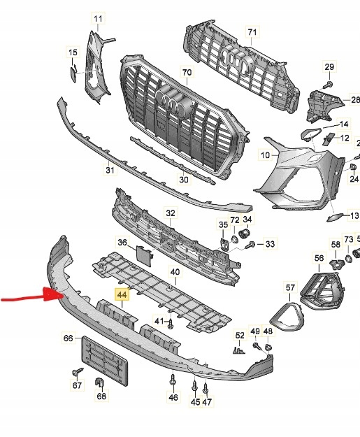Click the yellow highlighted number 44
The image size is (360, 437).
coord(122,295)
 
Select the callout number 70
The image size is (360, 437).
coord(186,72)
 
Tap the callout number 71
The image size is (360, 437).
coord(252,32)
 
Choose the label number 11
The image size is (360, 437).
coord(98,17)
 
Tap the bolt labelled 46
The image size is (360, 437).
coord(173,382)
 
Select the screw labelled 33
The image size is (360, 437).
coord(250,244)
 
